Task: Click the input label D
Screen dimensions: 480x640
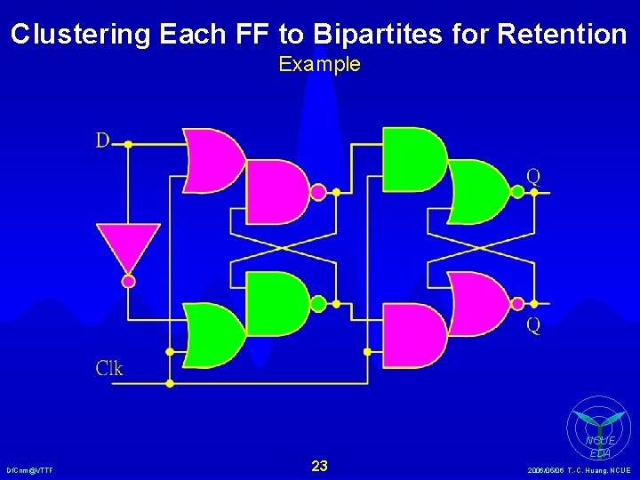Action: pos(103,140)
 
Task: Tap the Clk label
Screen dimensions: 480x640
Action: pos(109,368)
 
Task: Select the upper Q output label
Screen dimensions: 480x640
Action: pos(532,176)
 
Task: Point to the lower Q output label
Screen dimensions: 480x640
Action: pos(532,325)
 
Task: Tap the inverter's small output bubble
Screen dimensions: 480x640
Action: pos(128,281)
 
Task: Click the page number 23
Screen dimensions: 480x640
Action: pos(320,466)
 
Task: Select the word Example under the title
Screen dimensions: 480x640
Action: pos(320,64)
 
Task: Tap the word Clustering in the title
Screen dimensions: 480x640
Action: pos(81,35)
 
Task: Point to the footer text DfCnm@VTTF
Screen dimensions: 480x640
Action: pos(29,469)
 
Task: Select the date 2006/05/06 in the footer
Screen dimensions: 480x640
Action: pos(547,469)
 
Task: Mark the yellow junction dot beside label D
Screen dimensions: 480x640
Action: pos(128,143)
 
